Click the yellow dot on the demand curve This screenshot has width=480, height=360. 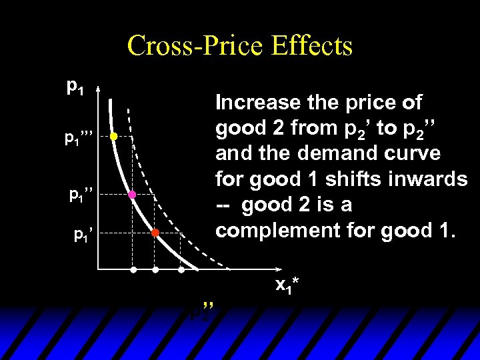click(113, 136)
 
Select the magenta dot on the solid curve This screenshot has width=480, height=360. click(132, 195)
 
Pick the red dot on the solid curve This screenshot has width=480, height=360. click(154, 233)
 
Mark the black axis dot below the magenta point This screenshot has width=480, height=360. click(133, 270)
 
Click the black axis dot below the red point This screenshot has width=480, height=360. click(155, 270)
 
